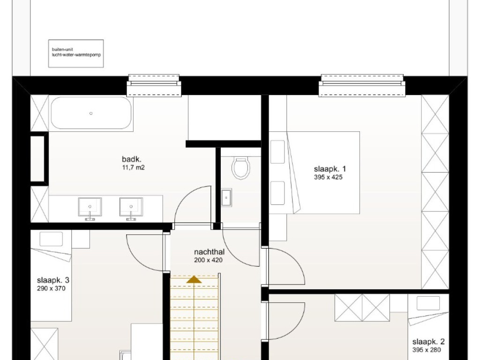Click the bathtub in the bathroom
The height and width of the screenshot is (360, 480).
(x=91, y=113)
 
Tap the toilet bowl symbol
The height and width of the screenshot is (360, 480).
(x=241, y=168)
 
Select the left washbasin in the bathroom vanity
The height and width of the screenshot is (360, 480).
(x=90, y=207)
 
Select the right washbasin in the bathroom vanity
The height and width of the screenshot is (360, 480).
(x=131, y=207)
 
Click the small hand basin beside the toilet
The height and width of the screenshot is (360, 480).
(x=226, y=197)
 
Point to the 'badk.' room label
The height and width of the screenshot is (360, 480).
(x=132, y=159)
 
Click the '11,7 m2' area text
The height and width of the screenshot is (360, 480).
(x=133, y=167)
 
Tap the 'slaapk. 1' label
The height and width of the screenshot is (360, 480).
(x=330, y=169)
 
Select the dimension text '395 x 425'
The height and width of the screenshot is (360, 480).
(x=328, y=177)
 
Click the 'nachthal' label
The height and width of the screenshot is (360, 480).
(x=210, y=252)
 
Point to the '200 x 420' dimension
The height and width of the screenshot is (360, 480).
(x=208, y=260)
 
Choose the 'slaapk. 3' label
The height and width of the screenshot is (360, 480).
(x=53, y=280)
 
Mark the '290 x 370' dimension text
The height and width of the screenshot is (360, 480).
(x=51, y=288)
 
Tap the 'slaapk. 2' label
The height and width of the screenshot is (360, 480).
(x=428, y=342)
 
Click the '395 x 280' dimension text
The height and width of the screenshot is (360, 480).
(x=427, y=350)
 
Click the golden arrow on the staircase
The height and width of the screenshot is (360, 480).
(x=195, y=279)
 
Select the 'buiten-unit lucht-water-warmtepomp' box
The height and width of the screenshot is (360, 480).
(x=76, y=53)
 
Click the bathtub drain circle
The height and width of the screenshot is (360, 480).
(x=91, y=113)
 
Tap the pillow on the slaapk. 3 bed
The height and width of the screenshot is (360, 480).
(x=51, y=239)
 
